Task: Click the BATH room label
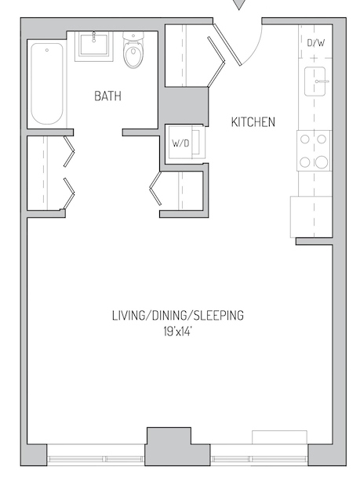tap(107, 96)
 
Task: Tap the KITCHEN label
tap(253, 122)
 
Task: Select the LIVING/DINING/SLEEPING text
tap(178, 315)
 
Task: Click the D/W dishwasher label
tap(316, 42)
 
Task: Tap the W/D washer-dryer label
tap(180, 143)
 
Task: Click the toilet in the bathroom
tap(133, 49)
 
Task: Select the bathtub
tap(47, 84)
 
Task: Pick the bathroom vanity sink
tap(94, 45)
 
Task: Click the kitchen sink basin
tap(315, 81)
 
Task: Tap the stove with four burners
tap(314, 150)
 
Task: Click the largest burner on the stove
tap(322, 162)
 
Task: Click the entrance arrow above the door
tap(238, 4)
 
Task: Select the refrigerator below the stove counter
tap(311, 217)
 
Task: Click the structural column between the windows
tap(169, 447)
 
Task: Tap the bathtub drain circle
tap(47, 50)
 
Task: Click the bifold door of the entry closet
tap(216, 62)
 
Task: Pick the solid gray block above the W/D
tap(185, 106)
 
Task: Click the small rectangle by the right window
tap(279, 437)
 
